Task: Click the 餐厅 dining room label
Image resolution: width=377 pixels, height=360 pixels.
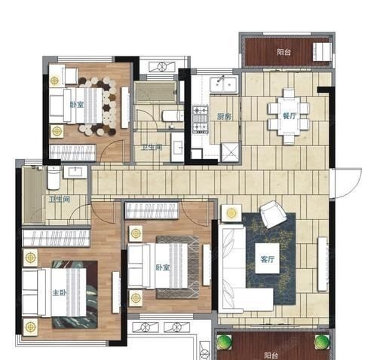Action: click(x=290, y=116)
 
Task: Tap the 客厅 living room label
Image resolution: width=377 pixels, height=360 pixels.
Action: click(x=268, y=259)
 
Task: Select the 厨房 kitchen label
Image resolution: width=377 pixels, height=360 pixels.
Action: click(x=224, y=117)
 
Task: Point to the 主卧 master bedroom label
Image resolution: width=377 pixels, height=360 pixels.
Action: click(x=60, y=292)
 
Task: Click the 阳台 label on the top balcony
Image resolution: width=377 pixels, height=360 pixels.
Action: click(x=284, y=52)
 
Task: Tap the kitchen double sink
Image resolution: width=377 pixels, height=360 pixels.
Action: click(x=224, y=84)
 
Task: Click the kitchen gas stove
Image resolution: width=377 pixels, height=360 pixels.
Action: click(x=201, y=119)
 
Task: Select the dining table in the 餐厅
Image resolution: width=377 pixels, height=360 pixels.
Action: click(x=289, y=116)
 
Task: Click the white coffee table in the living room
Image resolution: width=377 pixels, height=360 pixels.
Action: click(x=267, y=258)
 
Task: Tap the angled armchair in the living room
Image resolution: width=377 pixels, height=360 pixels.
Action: click(x=273, y=214)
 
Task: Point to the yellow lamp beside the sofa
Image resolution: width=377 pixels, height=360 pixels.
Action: click(x=231, y=213)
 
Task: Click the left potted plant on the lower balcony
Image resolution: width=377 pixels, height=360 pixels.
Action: click(x=224, y=342)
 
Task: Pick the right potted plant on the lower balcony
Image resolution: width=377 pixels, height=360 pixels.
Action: click(x=322, y=342)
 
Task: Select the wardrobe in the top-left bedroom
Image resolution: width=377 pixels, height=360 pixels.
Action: click(x=72, y=152)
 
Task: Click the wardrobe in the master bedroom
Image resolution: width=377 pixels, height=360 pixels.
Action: click(x=56, y=238)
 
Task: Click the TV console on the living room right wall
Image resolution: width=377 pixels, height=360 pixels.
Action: click(x=323, y=264)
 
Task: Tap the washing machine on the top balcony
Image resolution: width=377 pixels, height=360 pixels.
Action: click(x=322, y=52)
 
